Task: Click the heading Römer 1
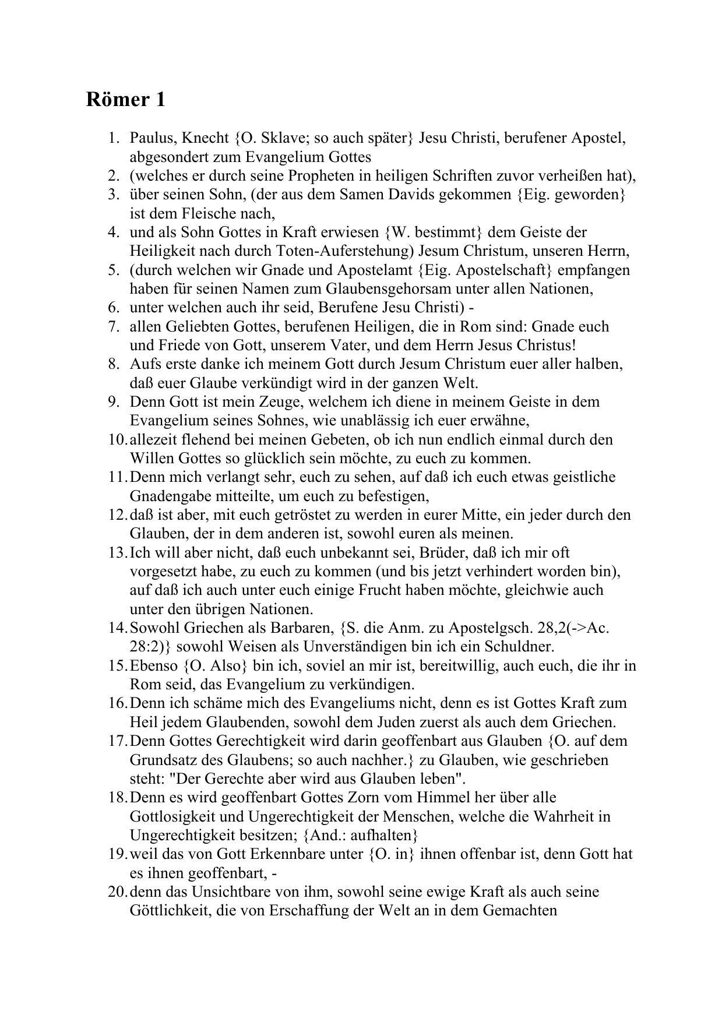(125, 100)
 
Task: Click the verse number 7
(114, 327)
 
